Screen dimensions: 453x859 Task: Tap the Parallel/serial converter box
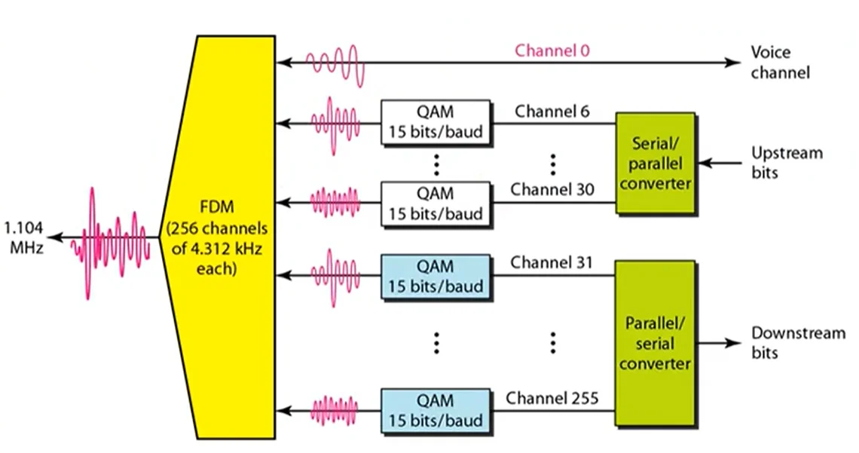655,344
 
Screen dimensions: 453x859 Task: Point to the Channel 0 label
552,51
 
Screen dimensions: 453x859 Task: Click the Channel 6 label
552,112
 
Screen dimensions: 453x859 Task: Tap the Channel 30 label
552,189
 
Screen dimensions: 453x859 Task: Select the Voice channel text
780,63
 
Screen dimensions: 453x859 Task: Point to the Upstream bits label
787,162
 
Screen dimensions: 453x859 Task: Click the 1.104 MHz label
23,236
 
